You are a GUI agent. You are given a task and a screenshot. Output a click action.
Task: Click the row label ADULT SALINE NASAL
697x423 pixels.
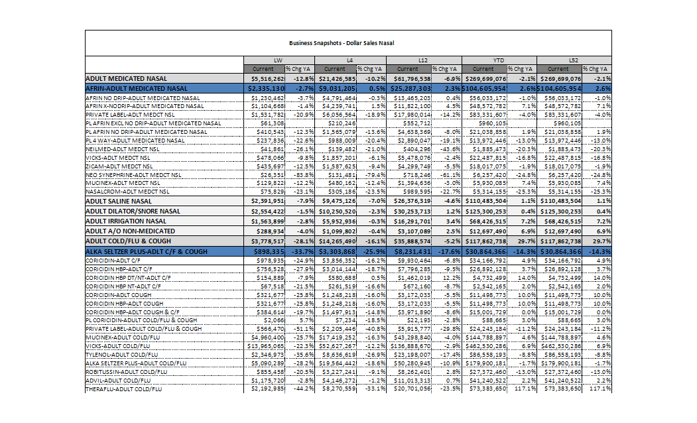point(119,200)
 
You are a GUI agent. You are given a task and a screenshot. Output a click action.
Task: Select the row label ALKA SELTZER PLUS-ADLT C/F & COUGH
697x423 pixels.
point(146,252)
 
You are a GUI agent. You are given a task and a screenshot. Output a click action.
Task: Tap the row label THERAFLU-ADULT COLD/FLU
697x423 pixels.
point(124,389)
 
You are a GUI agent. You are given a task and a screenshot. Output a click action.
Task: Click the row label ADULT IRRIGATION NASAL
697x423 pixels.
point(126,221)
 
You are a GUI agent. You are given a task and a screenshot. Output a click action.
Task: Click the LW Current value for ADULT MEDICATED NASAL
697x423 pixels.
point(267,78)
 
